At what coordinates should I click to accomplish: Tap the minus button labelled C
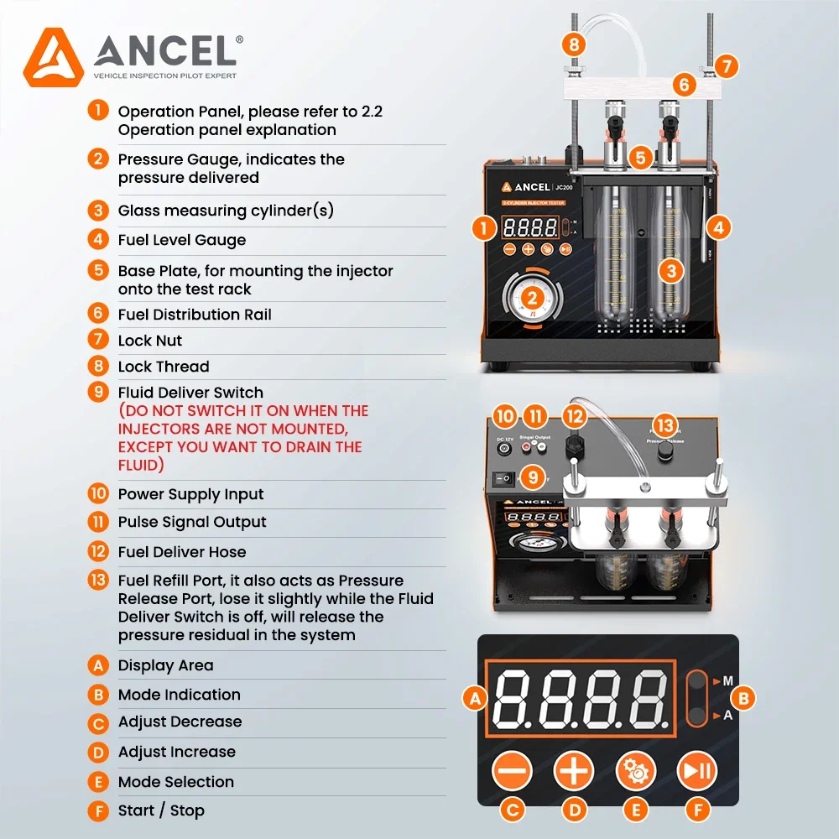[x=513, y=770]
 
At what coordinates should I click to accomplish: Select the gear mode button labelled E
[x=636, y=770]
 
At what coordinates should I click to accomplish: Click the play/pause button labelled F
[x=697, y=770]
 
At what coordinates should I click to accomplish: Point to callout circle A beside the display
[x=476, y=697]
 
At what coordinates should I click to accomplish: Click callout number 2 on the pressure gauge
[x=531, y=297]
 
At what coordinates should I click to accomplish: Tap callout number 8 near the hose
[x=574, y=44]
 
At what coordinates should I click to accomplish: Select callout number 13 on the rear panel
[x=664, y=426]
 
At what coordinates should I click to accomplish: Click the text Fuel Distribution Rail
[x=195, y=315]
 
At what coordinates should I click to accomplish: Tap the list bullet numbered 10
[x=99, y=494]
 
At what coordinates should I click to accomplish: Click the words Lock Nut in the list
[x=150, y=341]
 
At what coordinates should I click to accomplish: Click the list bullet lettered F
[x=99, y=811]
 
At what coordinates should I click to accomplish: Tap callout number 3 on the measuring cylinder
[x=670, y=270]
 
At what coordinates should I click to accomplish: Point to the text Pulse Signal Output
[x=192, y=522]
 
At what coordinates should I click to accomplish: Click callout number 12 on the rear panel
[x=574, y=416]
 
